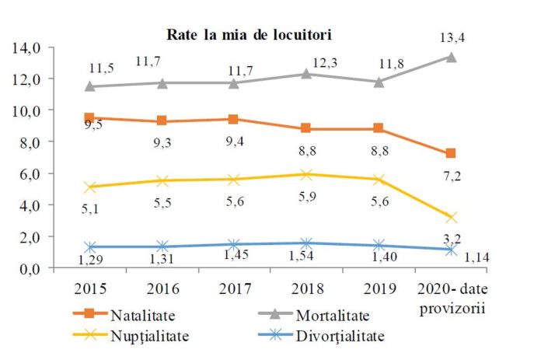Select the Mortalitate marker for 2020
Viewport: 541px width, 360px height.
[450, 57]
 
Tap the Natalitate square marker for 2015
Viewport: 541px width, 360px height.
[89, 118]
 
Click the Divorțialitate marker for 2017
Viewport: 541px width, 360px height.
[234, 244]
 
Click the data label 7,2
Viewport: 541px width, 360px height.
[452, 177]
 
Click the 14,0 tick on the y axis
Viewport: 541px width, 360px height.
[27, 47]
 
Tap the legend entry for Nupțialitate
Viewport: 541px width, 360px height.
[139, 337]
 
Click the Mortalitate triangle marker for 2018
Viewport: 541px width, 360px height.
[305, 74]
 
